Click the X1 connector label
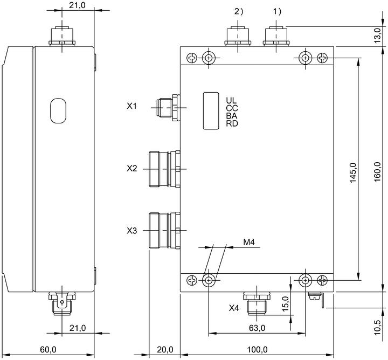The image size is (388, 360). click(131, 106)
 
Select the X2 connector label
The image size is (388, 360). click(131, 169)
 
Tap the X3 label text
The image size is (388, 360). click(131, 231)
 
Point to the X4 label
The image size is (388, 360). click(234, 308)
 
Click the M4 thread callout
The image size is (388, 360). click(249, 242)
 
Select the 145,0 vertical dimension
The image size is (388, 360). click(353, 172)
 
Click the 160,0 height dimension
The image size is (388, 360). click(377, 172)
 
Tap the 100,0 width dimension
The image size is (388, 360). click(258, 350)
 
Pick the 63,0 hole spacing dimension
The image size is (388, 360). click(257, 328)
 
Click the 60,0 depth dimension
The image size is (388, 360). click(48, 350)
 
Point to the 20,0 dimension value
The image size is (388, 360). click(165, 350)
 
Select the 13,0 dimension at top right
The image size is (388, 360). click(377, 36)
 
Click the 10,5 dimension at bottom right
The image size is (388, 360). click(377, 327)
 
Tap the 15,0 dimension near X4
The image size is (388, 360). click(285, 303)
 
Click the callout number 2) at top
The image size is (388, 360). click(239, 11)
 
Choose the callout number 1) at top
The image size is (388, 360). click(277, 11)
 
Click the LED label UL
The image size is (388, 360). click(231, 100)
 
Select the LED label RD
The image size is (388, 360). click(232, 123)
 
